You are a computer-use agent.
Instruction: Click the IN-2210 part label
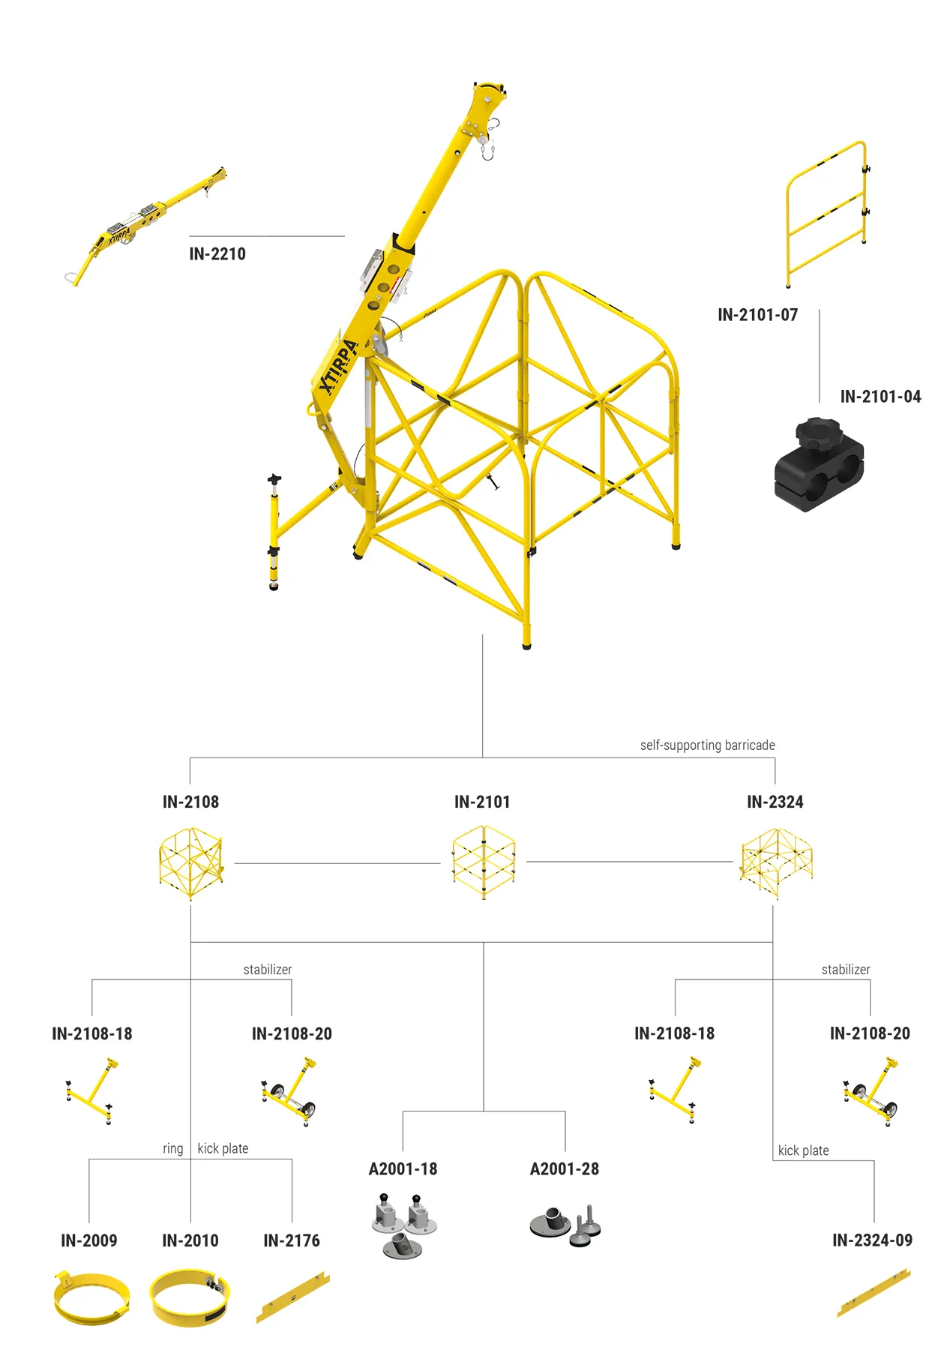click(x=217, y=254)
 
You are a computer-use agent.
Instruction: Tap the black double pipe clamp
click(x=819, y=467)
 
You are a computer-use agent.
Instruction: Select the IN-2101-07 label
click(x=757, y=315)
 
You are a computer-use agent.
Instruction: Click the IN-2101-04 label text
click(x=880, y=397)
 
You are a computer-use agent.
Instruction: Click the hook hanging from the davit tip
click(x=488, y=152)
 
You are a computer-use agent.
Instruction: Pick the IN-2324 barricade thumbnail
click(x=776, y=862)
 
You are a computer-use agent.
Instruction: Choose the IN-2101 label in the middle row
click(x=482, y=802)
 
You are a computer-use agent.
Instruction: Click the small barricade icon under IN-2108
click(x=191, y=862)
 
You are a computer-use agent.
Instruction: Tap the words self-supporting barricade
click(x=707, y=745)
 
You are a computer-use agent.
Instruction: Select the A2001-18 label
click(x=403, y=1169)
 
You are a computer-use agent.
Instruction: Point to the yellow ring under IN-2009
click(x=91, y=1298)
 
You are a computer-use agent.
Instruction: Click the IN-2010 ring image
click(x=190, y=1297)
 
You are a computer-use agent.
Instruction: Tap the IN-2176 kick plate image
click(x=292, y=1297)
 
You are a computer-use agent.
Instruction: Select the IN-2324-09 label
click(x=872, y=1240)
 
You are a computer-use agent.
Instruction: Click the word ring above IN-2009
click(x=172, y=1149)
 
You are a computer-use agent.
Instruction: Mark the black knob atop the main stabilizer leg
click(x=274, y=478)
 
